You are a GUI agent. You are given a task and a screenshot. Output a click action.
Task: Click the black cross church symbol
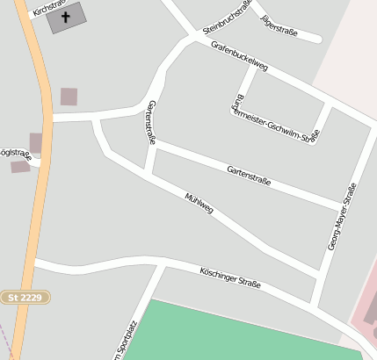pyautogui.click(x=66, y=16)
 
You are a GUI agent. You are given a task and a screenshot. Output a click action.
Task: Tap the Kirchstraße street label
pyautogui.click(x=47, y=8)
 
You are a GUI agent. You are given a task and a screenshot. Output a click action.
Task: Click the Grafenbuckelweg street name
pyautogui.click(x=238, y=54)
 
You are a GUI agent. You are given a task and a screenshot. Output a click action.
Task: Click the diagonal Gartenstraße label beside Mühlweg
pyautogui.click(x=249, y=176)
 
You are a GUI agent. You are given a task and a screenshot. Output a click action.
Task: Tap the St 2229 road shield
pyautogui.click(x=25, y=298)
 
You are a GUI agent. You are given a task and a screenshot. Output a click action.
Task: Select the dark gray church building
pyautogui.click(x=67, y=17)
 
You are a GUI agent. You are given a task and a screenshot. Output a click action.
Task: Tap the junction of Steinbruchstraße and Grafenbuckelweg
pyautogui.click(x=192, y=35)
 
